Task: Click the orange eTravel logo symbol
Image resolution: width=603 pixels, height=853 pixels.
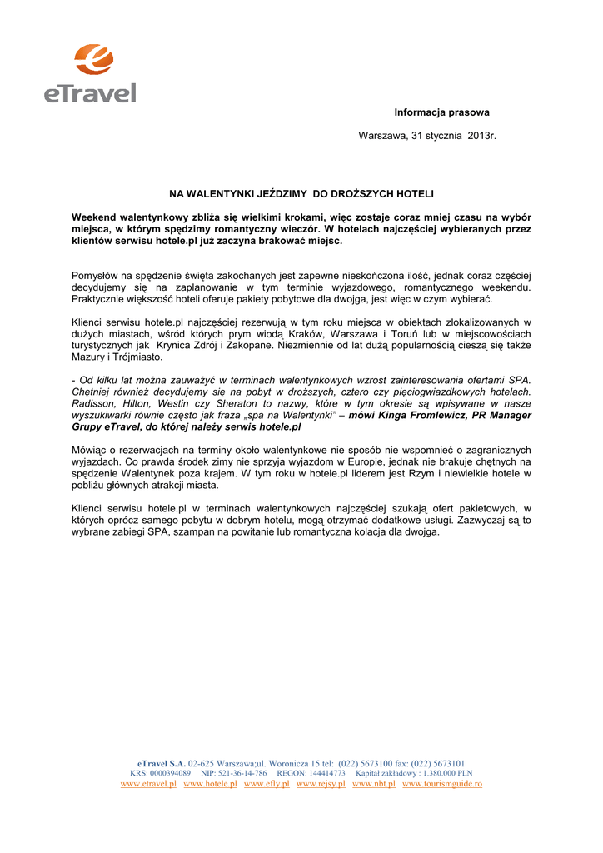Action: point(92,59)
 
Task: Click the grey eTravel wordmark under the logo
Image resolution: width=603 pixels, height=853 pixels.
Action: point(90,91)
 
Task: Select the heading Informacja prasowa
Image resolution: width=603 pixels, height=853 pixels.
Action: point(441,112)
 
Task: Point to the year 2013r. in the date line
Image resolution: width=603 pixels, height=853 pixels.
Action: point(481,135)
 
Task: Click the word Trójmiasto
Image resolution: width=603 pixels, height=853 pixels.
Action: point(137,357)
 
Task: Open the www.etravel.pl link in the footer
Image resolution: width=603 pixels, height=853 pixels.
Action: point(148,784)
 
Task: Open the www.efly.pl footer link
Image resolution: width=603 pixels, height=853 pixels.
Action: point(267,784)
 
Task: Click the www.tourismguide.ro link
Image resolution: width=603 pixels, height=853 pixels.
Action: point(442,784)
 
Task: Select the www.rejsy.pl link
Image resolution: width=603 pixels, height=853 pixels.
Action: point(321,784)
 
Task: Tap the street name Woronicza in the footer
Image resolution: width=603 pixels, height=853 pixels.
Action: point(288,763)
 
